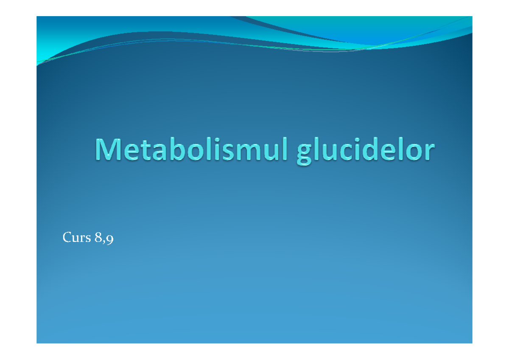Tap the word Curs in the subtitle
tap(77, 238)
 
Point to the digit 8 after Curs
tap(99, 238)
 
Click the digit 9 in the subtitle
tap(110, 239)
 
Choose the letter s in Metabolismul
tap(223, 154)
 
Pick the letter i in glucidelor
tap(361, 151)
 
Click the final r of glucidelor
tap(429, 154)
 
